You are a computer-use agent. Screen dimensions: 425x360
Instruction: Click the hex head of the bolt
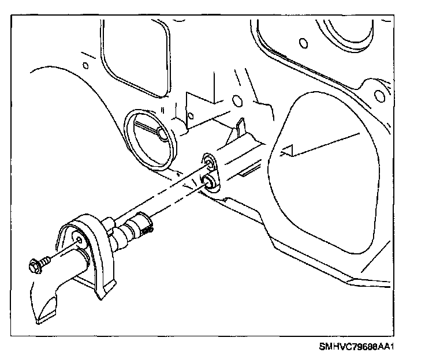tap(35, 267)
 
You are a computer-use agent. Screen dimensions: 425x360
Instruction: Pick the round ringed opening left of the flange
tap(150, 137)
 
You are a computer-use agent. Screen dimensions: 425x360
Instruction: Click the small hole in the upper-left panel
tap(85, 65)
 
